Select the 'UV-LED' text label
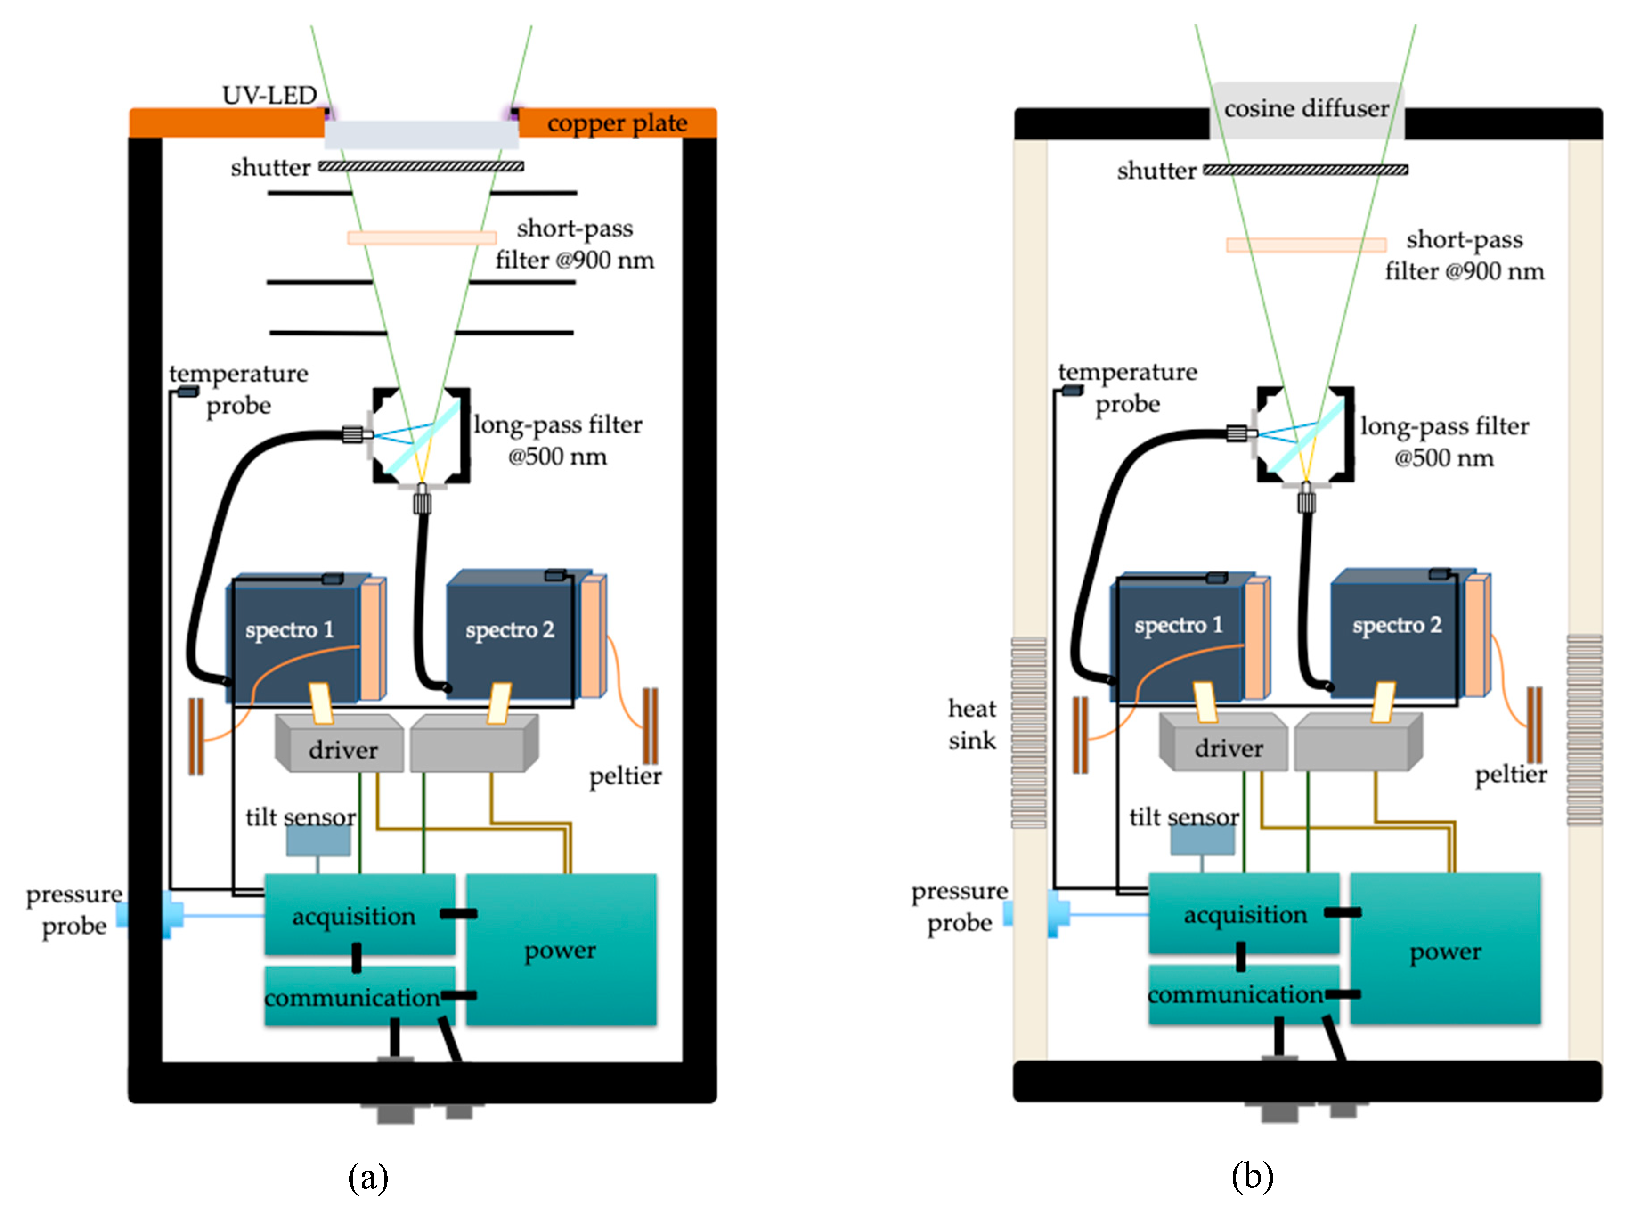click(269, 95)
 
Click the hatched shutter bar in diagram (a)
click(421, 167)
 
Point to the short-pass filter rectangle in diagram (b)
click(1306, 245)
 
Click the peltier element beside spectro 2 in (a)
click(649, 726)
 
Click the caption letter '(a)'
click(368, 1176)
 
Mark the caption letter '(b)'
click(1252, 1176)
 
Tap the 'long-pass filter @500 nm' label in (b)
click(1444, 442)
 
